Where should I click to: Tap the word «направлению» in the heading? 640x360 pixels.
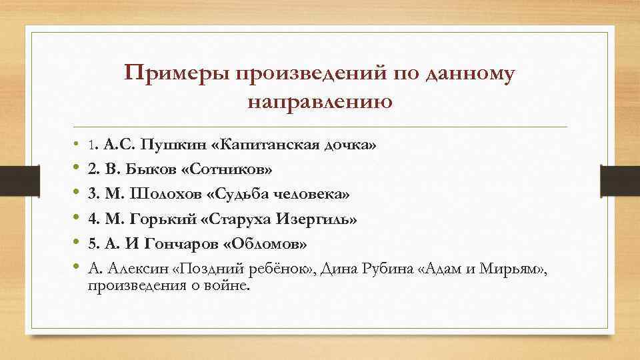(319, 102)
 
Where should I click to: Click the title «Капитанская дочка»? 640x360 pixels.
(300, 145)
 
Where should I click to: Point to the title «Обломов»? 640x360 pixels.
(266, 243)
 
